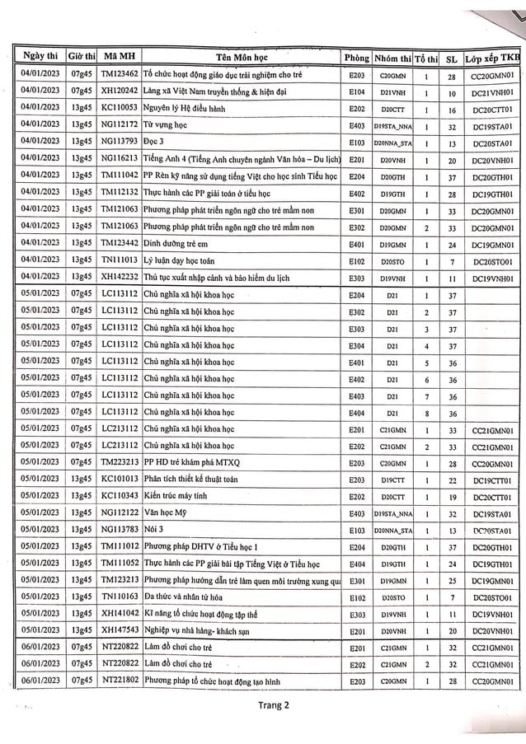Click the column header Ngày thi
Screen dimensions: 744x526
tap(41, 57)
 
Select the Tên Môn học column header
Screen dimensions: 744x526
tap(242, 57)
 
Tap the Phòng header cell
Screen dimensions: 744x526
tap(356, 58)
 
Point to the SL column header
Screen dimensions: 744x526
tap(451, 58)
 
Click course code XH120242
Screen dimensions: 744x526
tap(120, 92)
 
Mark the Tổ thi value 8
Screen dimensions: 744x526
tap(426, 412)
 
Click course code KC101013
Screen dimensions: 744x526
tap(120, 479)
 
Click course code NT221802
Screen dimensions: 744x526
tap(120, 681)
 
